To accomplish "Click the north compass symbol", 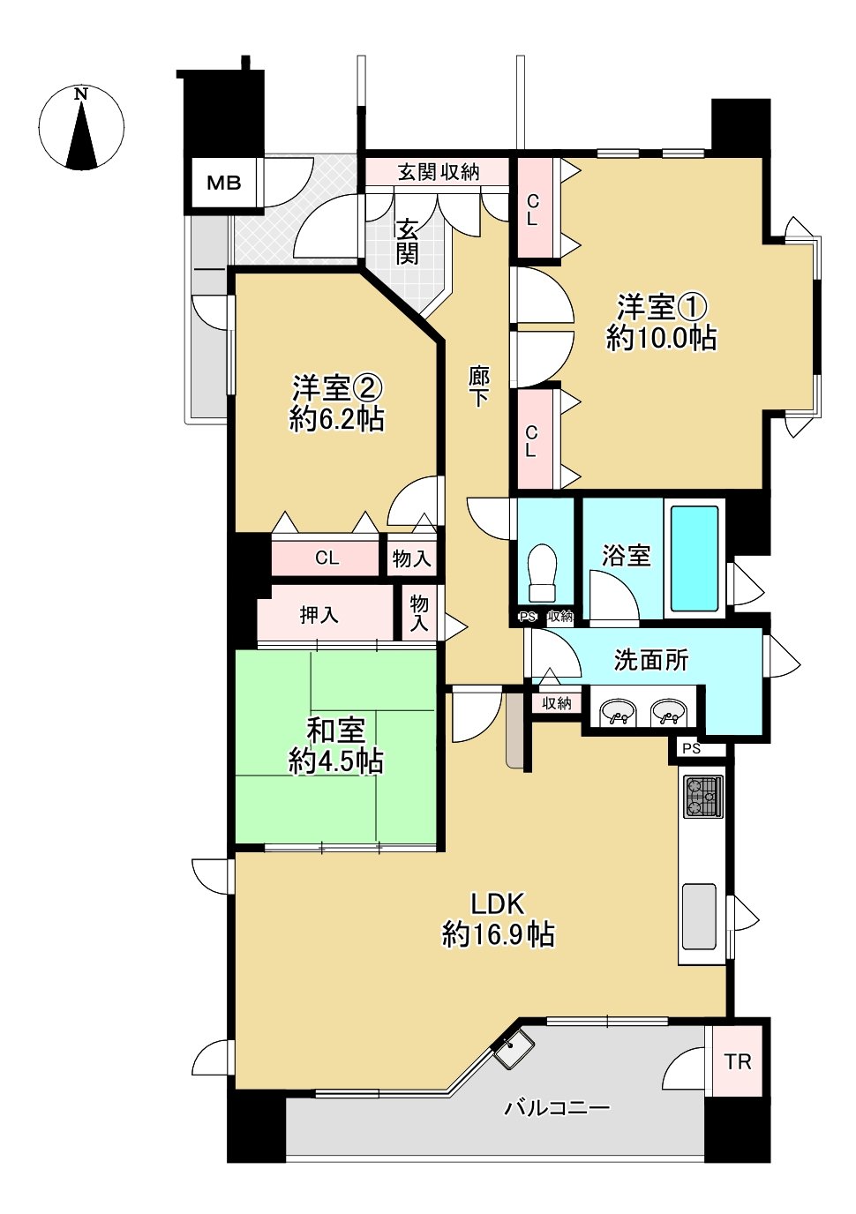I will click(81, 129).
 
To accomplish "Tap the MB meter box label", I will click(223, 184).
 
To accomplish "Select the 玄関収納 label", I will click(438, 172).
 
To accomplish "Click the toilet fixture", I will click(541, 573).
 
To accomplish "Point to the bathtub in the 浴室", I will click(695, 558).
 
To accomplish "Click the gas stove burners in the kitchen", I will click(702, 796).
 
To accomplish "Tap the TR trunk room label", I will click(738, 1061).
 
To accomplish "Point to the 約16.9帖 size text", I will click(499, 934).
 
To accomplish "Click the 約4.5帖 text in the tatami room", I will click(336, 761).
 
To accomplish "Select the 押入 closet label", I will click(319, 615).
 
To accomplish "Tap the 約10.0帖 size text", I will click(662, 338).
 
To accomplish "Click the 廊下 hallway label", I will click(478, 386).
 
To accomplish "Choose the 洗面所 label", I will click(651, 660).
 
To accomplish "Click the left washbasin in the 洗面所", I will click(619, 712).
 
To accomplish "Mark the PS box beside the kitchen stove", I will click(692, 748).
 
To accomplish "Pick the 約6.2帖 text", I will click(337, 418).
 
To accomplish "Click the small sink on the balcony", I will click(513, 1050).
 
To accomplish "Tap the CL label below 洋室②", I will click(327, 558).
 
